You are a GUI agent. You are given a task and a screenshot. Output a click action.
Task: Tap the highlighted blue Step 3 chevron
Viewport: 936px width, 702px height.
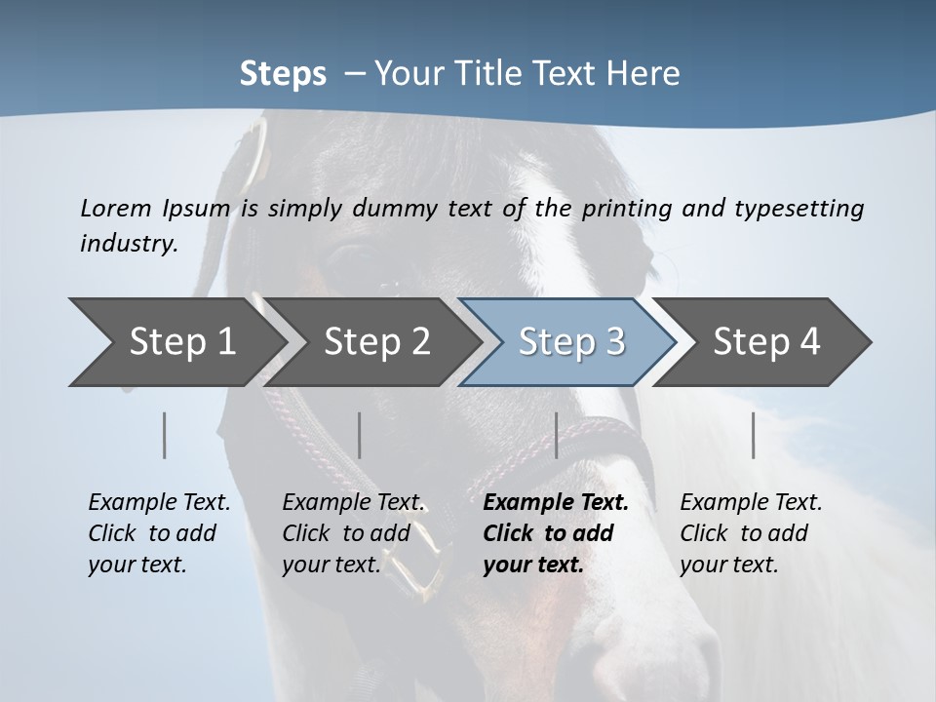(570, 342)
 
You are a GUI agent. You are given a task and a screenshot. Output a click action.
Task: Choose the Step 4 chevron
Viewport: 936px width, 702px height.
(765, 342)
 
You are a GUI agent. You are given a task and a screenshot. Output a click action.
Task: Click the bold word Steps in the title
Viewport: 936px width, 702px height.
(283, 74)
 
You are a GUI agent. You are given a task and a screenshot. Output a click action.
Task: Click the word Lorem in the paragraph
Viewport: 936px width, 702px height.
(116, 208)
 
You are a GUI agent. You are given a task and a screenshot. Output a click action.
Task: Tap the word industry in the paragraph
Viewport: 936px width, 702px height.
(128, 243)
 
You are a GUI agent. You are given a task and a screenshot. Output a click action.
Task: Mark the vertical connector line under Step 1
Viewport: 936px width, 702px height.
(164, 435)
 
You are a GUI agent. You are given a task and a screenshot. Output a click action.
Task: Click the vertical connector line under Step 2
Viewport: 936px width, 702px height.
(359, 435)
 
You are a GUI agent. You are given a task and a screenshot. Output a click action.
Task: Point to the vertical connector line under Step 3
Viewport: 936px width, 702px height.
(556, 435)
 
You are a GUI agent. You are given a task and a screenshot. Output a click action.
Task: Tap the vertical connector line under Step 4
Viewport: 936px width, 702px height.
(753, 435)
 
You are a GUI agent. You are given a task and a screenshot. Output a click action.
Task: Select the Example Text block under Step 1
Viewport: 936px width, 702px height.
(159, 533)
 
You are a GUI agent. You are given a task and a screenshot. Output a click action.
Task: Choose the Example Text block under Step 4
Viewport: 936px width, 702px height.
(751, 533)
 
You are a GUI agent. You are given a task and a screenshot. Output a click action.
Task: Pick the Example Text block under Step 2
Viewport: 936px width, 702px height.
(353, 533)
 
